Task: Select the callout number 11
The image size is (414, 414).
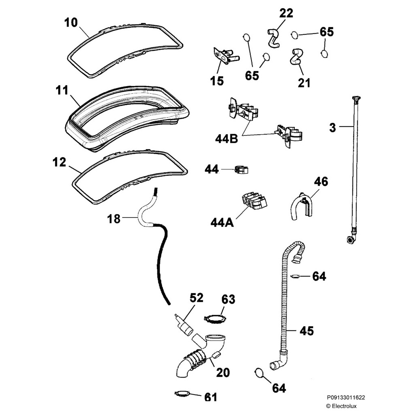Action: pos(62,90)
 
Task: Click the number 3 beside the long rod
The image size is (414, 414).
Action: pos(332,128)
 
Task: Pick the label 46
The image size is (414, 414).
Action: pos(321,182)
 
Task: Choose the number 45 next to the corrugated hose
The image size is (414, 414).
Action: pos(306,331)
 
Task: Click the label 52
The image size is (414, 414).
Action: pos(196,298)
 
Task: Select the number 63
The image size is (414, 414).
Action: pos(228,300)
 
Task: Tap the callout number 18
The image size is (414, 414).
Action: pos(114,219)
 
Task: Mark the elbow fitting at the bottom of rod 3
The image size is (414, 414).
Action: pos(350,239)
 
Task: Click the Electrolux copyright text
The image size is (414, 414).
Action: pos(341,406)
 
